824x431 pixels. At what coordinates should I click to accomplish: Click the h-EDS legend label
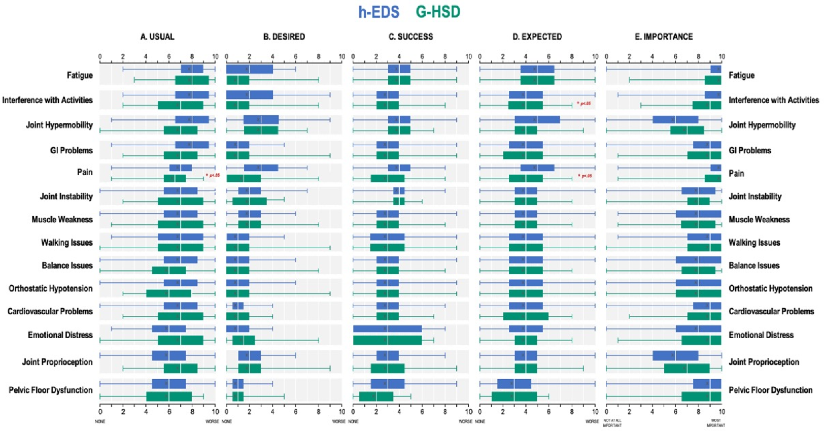(x=379, y=12)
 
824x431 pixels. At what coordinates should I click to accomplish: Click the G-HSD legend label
(x=438, y=12)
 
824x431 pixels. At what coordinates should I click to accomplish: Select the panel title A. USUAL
(x=157, y=37)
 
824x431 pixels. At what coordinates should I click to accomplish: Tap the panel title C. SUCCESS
(x=411, y=37)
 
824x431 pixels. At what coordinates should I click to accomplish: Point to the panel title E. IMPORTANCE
(x=664, y=37)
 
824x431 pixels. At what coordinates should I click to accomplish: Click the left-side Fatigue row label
(x=80, y=75)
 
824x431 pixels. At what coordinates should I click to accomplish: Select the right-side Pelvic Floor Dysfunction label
(x=770, y=390)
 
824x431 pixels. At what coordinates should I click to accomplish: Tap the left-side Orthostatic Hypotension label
(x=50, y=288)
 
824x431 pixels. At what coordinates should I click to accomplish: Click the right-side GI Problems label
(x=750, y=150)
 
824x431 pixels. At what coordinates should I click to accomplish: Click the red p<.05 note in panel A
(x=213, y=175)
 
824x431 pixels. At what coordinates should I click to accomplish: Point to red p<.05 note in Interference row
(x=584, y=103)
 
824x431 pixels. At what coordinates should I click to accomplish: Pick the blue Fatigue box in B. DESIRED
(x=249, y=69)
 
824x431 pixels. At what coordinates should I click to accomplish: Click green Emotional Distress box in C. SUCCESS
(x=387, y=340)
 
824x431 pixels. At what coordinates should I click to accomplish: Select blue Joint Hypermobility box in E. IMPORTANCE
(x=675, y=120)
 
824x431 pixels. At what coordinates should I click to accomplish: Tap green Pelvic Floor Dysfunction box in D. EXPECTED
(x=514, y=397)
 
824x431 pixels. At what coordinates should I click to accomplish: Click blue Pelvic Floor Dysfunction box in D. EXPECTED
(x=514, y=384)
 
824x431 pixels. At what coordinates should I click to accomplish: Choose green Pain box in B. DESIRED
(x=244, y=178)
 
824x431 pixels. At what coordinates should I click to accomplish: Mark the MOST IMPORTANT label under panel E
(x=716, y=423)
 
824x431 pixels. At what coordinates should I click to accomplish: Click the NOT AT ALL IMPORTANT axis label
(x=612, y=423)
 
